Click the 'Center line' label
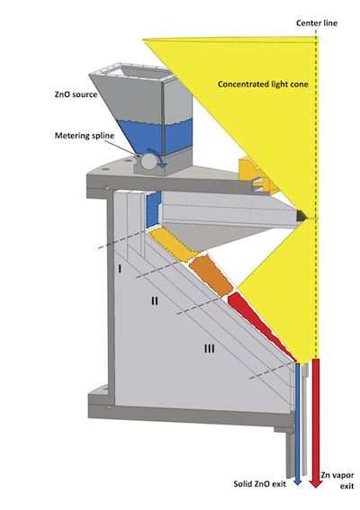tap(317, 23)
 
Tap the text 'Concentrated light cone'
tap(263, 85)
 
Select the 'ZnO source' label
tap(76, 94)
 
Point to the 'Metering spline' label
tap(85, 135)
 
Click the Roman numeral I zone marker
tap(120, 269)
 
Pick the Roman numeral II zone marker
tap(155, 300)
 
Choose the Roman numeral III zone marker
tap(210, 349)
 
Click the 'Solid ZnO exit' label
tap(259, 484)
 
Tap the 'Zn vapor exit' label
tap(337, 480)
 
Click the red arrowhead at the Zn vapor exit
tap(315, 483)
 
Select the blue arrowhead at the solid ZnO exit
tap(298, 482)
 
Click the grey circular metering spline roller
tap(149, 161)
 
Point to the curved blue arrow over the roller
tap(157, 155)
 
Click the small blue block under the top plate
tap(153, 210)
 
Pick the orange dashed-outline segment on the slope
tap(211, 275)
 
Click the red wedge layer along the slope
tap(260, 327)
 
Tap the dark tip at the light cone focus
tap(301, 215)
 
